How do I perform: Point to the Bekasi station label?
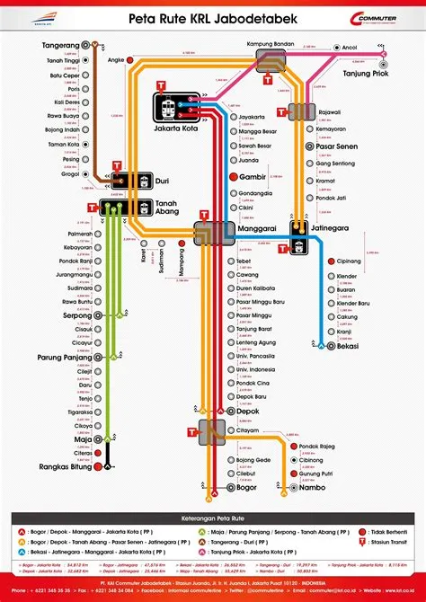pos(347,346)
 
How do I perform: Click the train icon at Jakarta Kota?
pos(171,110)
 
